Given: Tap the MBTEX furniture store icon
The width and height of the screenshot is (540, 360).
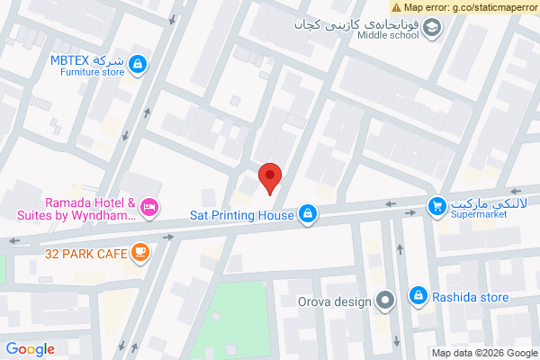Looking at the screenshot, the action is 138,64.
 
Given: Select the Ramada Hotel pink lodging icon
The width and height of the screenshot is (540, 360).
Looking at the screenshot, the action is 151,208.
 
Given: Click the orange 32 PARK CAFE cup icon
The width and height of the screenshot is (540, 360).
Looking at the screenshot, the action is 139,254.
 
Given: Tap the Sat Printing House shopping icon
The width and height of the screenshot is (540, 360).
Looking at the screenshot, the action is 308,214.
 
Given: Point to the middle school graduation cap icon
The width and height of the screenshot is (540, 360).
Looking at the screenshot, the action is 433,29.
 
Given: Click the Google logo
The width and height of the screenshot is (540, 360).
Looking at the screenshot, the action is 31,349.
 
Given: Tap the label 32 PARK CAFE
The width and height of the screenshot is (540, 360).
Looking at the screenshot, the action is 85,255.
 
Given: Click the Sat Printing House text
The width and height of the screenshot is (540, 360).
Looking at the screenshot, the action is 242,215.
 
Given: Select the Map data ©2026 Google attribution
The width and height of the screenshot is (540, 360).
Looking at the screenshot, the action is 484,353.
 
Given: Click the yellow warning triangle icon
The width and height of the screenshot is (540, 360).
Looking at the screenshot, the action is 395,6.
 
